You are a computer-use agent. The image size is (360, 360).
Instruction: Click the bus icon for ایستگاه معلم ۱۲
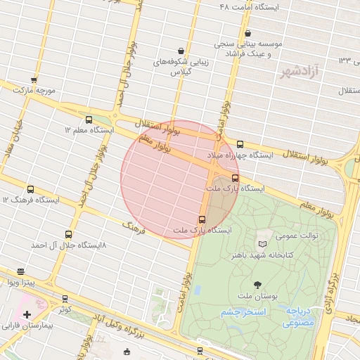click(x=89, y=120)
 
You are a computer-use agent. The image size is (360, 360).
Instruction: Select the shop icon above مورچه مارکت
click(x=34, y=80)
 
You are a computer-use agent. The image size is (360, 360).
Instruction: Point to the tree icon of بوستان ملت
click(x=257, y=285)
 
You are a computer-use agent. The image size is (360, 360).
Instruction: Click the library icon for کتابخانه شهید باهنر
click(x=262, y=244)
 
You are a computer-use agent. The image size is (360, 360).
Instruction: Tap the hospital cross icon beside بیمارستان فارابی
click(x=27, y=314)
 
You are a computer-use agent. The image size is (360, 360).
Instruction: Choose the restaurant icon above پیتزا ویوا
click(x=20, y=271)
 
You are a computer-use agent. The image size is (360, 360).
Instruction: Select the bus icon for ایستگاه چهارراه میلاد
click(x=240, y=143)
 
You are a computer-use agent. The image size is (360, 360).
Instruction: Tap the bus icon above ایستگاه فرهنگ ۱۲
click(x=30, y=189)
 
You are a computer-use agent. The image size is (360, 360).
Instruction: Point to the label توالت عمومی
click(x=298, y=236)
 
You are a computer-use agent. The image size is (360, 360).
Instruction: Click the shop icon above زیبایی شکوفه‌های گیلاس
click(x=181, y=51)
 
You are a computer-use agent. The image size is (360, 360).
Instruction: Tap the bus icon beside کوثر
click(x=65, y=299)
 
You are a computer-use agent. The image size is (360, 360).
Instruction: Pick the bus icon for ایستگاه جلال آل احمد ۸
click(x=68, y=234)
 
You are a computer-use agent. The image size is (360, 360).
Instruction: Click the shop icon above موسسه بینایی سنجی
click(x=247, y=33)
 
